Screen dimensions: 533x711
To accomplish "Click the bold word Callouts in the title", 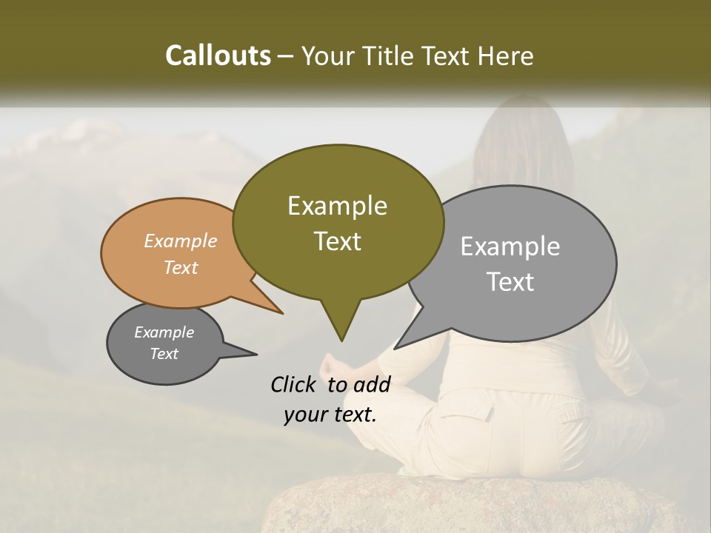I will point(218,56).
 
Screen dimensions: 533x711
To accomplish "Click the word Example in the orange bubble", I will point(181,241).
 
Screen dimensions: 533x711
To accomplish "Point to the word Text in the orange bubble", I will point(181,267).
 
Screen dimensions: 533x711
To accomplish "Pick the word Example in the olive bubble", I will point(337,206).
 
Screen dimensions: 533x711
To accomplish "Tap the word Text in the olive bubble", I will point(337,241).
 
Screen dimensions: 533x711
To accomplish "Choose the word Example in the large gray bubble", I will point(510,247).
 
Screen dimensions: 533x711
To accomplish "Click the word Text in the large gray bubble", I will point(510,282).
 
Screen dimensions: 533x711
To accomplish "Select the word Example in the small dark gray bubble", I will point(164,332).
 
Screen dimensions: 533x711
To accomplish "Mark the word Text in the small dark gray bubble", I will point(164,354).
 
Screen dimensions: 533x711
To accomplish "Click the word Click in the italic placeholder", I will point(294,384).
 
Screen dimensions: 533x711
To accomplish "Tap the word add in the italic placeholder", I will point(373,384).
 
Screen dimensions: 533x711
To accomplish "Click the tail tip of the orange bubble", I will point(282,313).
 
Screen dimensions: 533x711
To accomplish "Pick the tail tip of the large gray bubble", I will point(395,348).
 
